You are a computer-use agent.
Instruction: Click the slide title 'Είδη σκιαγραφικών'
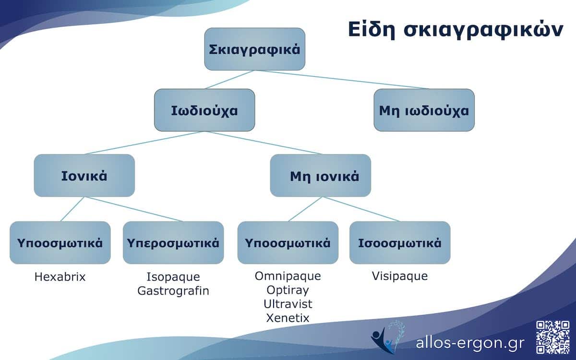455,29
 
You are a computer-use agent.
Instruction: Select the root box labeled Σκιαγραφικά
255,49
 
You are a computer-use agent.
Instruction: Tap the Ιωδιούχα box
204,110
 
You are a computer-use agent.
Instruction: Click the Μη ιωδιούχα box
424,110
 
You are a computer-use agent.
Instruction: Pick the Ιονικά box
84,176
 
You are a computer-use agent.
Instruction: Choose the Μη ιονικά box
320,176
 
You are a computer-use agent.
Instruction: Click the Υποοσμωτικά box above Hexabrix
60,242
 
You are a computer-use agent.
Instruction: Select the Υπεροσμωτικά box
173,242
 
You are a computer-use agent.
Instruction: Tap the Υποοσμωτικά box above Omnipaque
288,242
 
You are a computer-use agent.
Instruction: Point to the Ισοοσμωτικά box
400,242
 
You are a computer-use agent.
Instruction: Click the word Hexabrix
60,277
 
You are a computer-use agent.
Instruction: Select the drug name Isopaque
173,277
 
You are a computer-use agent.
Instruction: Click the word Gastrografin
173,291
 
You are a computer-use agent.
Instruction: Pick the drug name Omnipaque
288,276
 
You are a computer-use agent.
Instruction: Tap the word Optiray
288,290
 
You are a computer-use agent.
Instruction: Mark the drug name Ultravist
288,304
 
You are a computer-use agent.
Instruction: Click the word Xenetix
288,318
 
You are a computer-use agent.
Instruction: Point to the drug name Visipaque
400,276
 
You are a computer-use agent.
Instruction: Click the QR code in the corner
552,336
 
